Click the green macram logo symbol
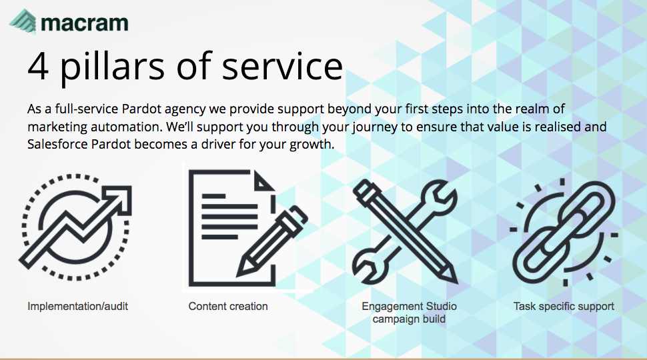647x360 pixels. click(x=23, y=21)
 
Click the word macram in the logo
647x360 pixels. click(x=85, y=23)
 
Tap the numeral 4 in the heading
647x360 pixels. click(x=38, y=65)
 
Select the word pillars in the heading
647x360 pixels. click(x=113, y=67)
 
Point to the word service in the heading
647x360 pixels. click(x=282, y=66)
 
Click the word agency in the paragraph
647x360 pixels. click(x=185, y=109)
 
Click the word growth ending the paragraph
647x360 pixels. click(x=312, y=144)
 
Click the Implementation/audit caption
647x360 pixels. click(x=77, y=307)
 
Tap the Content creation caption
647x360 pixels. click(x=228, y=307)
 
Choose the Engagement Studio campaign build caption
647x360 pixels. click(x=409, y=313)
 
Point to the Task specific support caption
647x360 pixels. click(x=564, y=307)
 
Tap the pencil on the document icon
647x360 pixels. click(x=272, y=241)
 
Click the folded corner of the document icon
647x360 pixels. click(x=264, y=181)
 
